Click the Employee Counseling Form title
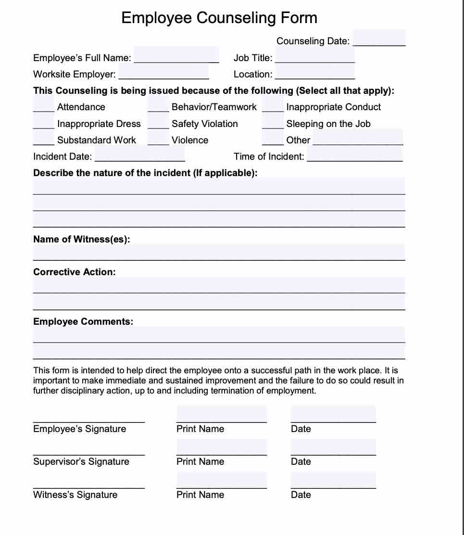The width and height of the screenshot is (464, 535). [219, 18]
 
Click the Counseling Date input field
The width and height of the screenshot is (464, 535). [379, 38]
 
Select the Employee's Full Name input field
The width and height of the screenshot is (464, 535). [176, 55]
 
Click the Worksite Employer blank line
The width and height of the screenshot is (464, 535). [163, 74]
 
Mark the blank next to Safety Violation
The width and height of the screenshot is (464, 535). [158, 124]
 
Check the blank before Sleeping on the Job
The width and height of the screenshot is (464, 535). [273, 124]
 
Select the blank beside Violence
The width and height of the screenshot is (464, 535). [158, 140]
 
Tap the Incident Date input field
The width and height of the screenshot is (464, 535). [139, 156]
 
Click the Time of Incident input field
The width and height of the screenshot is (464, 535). [354, 156]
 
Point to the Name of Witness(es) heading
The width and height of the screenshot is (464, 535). [81, 239]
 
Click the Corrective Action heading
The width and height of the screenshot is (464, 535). [74, 272]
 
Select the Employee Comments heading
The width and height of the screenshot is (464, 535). [83, 321]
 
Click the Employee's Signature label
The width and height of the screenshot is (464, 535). [79, 429]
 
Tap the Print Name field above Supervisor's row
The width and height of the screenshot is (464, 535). [221, 447]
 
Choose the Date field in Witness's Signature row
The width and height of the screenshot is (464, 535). [333, 480]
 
